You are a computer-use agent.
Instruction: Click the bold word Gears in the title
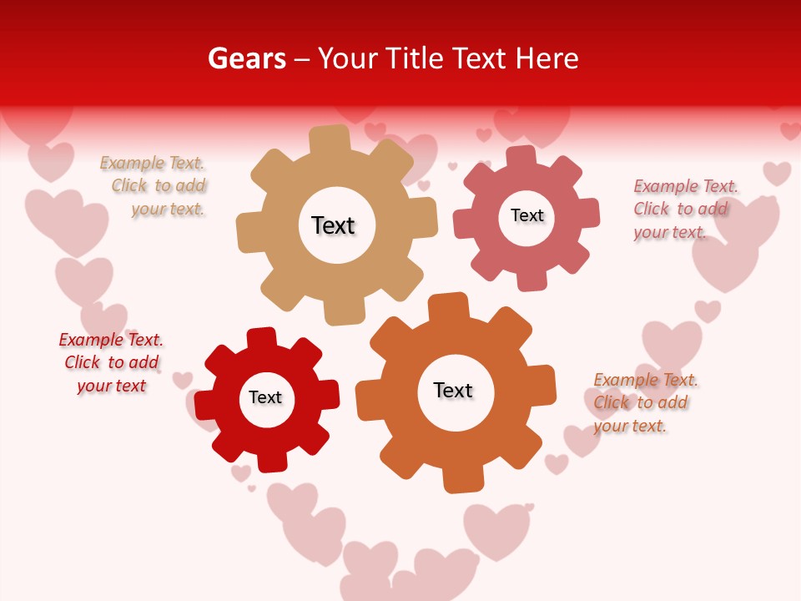coord(246,58)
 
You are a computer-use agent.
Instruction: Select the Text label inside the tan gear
coord(333,225)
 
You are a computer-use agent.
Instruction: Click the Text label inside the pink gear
coord(526,215)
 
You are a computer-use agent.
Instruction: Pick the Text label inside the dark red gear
coord(265,397)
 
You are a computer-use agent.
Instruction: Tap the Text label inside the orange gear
coord(453,390)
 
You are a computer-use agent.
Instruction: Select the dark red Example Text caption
coord(111,362)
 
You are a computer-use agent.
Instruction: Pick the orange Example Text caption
coord(642,402)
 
